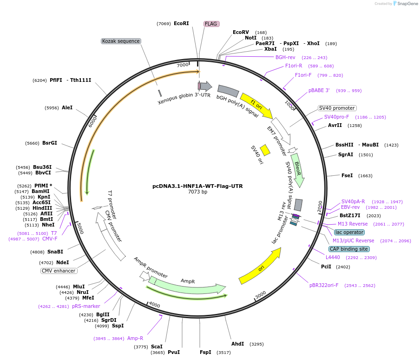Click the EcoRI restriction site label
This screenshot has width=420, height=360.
[x=181, y=23]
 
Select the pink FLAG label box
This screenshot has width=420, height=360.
[x=211, y=24]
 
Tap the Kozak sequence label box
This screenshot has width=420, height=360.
[x=121, y=41]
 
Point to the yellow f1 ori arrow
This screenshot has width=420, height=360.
[x=256, y=105]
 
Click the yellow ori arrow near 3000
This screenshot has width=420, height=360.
[x=261, y=266]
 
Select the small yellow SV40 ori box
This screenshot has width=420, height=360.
[x=265, y=150]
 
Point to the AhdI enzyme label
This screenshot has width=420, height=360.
[x=237, y=344]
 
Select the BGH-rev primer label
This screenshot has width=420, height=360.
[x=285, y=57]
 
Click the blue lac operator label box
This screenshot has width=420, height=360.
[x=349, y=232]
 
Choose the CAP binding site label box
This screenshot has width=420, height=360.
[x=349, y=249]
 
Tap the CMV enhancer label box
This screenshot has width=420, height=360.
[x=59, y=271]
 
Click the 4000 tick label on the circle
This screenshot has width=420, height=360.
[x=154, y=305]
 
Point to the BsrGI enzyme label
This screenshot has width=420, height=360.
[x=50, y=143]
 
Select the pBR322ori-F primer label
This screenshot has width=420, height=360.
[x=324, y=285]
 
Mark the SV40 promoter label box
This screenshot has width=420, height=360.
[x=337, y=108]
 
